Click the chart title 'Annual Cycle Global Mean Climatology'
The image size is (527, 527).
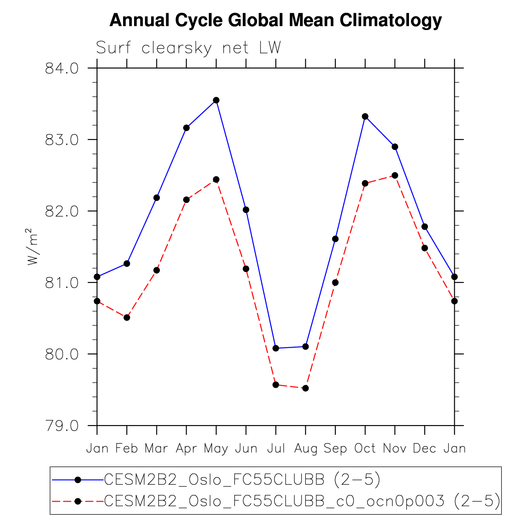[x=275, y=20]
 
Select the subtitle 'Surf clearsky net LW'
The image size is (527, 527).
[x=188, y=48]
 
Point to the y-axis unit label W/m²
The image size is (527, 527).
[x=32, y=247]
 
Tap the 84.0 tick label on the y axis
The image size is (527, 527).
[x=62, y=68]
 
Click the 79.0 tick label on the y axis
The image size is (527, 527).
[x=62, y=425]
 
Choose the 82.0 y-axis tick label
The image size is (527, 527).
[x=62, y=211]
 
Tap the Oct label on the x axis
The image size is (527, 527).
[x=365, y=448]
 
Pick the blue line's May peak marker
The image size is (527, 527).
[x=216, y=100]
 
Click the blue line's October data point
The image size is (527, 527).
[x=365, y=116]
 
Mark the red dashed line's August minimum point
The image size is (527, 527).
[x=305, y=388]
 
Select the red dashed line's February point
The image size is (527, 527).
[x=126, y=318]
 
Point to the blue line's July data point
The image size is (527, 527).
[x=276, y=348]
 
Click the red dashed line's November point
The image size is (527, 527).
[x=395, y=175]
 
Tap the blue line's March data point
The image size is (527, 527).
[x=156, y=198]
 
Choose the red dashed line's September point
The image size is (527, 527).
[x=335, y=283]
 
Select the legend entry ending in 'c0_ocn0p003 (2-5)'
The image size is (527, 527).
[x=302, y=502]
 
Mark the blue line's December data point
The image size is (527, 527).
[x=425, y=227]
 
